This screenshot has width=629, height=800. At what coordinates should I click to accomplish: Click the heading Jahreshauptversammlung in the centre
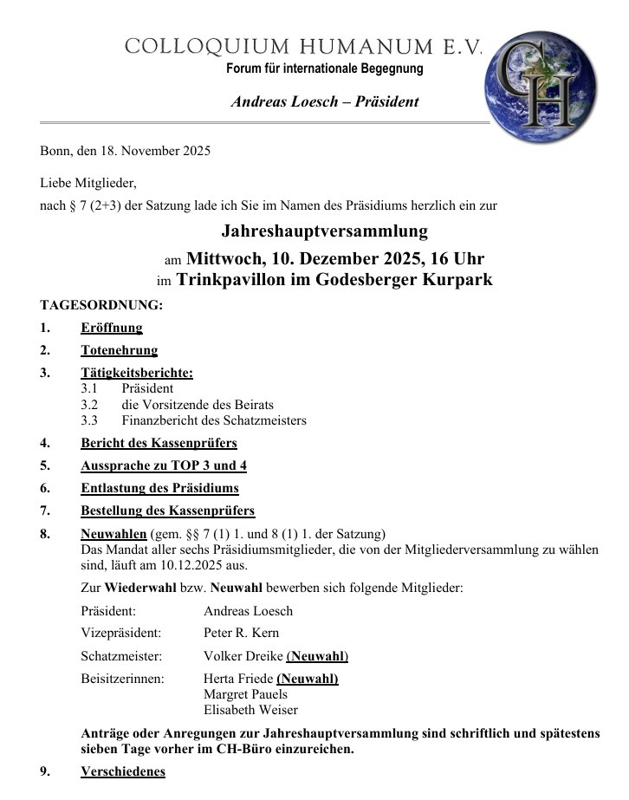coord(324,231)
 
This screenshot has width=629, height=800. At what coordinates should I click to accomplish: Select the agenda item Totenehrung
coord(120,351)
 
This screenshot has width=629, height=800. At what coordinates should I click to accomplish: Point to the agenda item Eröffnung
coord(112,328)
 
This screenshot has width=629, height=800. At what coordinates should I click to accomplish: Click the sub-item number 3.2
coord(89,405)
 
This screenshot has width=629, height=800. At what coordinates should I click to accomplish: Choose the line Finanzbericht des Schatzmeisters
coord(214,420)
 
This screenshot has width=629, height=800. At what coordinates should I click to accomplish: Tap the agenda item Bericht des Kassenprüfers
coord(159,443)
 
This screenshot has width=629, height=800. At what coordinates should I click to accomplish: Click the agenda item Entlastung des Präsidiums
coord(159,488)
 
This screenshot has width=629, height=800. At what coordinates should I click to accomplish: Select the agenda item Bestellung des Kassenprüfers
coord(168,511)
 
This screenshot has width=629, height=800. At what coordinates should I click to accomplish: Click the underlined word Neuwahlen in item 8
coord(113,533)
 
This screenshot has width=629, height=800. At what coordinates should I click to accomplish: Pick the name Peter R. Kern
coord(241,633)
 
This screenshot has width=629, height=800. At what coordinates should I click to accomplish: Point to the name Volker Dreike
coord(243,656)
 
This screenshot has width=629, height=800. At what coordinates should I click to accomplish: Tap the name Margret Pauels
coord(245,694)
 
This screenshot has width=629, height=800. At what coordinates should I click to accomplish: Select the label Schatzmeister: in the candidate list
coord(121,656)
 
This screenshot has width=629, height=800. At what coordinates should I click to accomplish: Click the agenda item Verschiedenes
coord(123,771)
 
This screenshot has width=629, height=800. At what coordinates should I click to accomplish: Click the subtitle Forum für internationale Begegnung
coord(325,68)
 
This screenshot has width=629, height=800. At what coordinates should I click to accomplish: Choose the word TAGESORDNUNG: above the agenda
coord(101,305)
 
